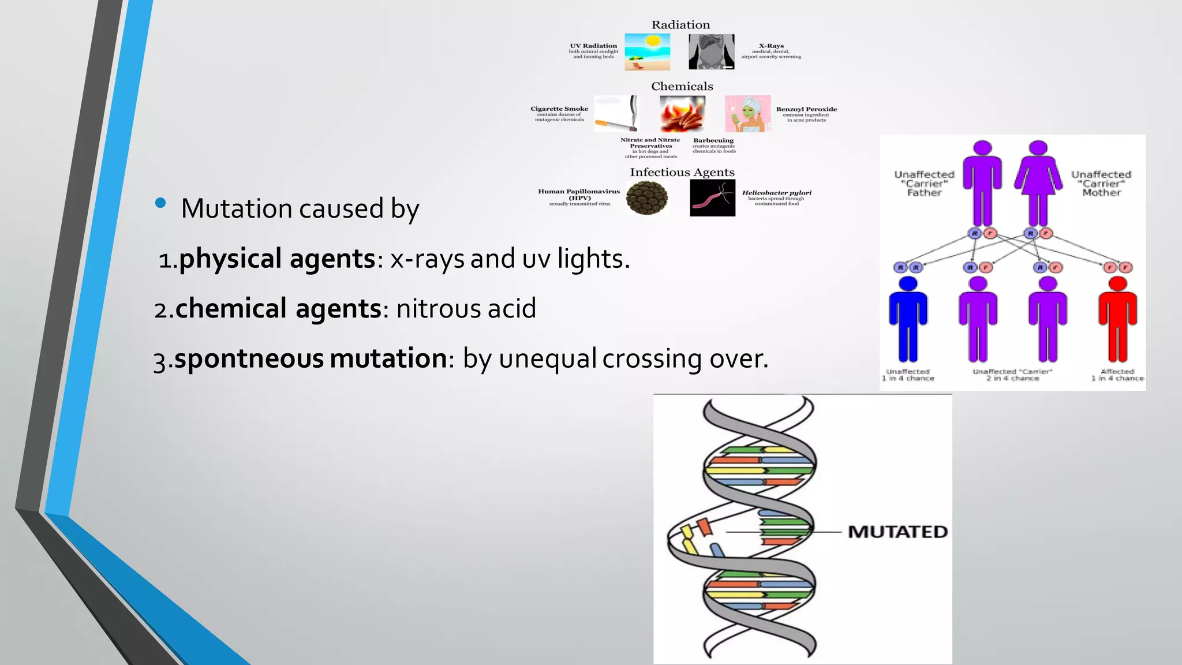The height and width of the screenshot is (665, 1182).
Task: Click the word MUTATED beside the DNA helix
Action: pos(897,532)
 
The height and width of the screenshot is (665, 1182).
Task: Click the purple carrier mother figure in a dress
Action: pos(1038,182)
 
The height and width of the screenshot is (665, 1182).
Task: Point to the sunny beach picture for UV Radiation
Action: pos(647,52)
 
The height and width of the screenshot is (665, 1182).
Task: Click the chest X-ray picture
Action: pos(711,52)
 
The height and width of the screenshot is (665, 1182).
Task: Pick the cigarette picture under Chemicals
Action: pos(616,114)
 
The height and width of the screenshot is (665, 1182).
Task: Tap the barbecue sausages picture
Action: pos(682,114)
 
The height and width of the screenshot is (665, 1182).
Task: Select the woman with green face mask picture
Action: pos(747,114)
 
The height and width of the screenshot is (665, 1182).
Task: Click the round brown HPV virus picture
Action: pos(647,198)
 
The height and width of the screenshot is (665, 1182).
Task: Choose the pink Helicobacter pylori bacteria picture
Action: pos(712,198)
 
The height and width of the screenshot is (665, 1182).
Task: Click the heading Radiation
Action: pos(680,25)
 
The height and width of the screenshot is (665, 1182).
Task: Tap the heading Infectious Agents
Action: pos(682,172)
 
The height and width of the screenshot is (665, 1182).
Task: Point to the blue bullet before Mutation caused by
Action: pos(160,203)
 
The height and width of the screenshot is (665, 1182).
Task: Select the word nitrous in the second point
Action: pos(438,308)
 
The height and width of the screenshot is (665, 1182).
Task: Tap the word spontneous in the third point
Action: pos(249,358)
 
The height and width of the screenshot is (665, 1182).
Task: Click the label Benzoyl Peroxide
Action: pos(806,109)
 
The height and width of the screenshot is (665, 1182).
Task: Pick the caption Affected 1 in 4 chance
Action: pos(1117,375)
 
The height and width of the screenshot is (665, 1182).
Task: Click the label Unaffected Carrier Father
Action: pos(924,183)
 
